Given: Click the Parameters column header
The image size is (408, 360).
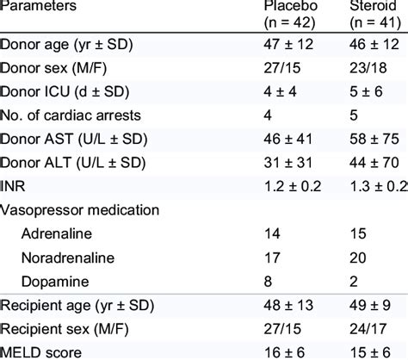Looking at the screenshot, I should pyautogui.click(x=38, y=7).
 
